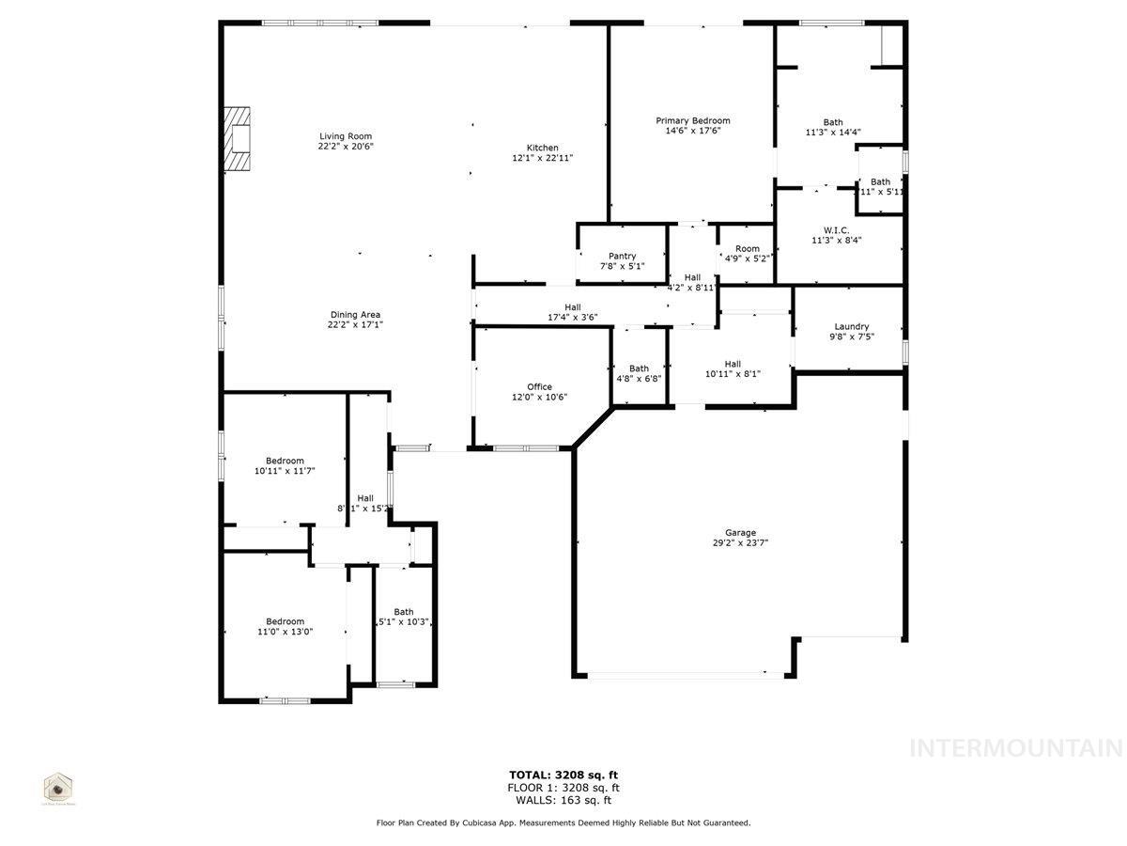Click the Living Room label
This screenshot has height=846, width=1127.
(346, 136)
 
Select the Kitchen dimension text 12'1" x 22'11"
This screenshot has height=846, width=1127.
(542, 159)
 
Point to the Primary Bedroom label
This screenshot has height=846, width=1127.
(692, 120)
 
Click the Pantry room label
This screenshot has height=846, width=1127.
(622, 256)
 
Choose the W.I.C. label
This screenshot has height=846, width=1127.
(836, 229)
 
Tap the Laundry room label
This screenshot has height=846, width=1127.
(851, 326)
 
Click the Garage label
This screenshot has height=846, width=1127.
(740, 533)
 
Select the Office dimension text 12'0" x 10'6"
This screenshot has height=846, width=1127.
(539, 398)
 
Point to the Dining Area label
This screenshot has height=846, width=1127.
(355, 315)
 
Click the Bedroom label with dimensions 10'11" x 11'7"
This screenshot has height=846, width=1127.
(285, 461)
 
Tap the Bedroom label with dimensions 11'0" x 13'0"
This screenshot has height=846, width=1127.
(285, 621)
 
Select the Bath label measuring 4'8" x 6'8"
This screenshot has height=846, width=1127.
(639, 368)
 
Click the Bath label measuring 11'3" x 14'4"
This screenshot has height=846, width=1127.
(833, 122)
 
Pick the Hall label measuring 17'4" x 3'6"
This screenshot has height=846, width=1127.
(572, 306)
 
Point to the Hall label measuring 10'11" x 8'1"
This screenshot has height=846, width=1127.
(733, 364)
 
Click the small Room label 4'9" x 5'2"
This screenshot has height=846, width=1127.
(748, 249)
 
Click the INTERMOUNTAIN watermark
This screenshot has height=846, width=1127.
(1016, 748)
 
